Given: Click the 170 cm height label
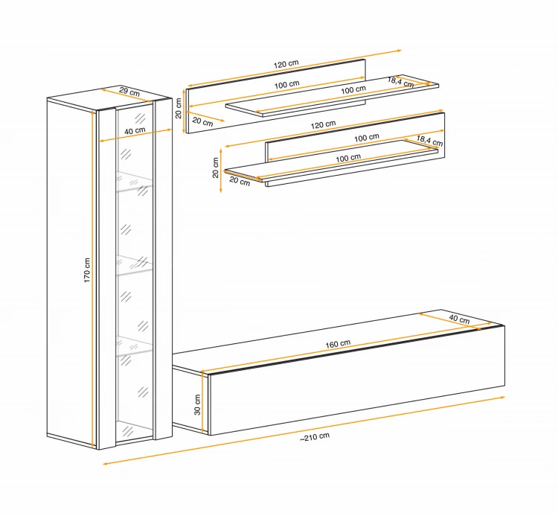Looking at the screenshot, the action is tap(87, 270).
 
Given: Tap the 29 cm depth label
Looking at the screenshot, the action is tap(129, 92).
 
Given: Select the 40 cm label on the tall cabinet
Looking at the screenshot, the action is tap(135, 131).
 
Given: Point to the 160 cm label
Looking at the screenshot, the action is tap(338, 344).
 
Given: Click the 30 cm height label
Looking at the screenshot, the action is tap(197, 405).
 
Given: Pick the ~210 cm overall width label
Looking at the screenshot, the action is tap(315, 437).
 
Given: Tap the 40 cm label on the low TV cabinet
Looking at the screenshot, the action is tap(459, 319).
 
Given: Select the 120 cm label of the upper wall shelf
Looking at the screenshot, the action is tap(286, 64).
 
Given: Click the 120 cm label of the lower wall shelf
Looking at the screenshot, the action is tap(323, 124).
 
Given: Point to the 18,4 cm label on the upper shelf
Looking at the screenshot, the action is tap(400, 83).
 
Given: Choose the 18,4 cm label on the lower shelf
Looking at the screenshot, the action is tap(429, 141).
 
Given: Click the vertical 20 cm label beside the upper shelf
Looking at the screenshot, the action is tap(179, 108).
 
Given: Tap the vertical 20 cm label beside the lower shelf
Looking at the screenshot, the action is tap(215, 168).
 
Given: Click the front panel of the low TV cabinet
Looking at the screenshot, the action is tap(357, 380).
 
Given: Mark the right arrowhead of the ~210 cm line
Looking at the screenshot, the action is tap(502, 397).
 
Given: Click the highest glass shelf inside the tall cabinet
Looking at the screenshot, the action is tap(134, 182).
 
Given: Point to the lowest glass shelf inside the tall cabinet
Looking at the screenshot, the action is tap(134, 345).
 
